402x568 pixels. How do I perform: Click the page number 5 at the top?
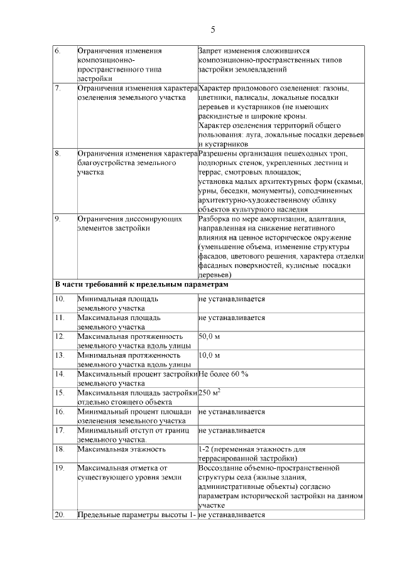pos(212,29)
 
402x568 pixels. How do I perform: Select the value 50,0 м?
pos(208,336)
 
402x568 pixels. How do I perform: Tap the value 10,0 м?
pos(208,355)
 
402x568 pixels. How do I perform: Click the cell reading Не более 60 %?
pos(224,374)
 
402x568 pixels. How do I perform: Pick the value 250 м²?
pos(209,393)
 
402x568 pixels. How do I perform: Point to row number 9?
pos(57,219)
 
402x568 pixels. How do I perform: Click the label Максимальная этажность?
pos(121,449)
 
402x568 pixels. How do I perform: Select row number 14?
pos(60,374)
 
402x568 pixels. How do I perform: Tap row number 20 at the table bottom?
pos(60,515)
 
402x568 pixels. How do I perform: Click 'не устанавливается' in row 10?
pos(232,299)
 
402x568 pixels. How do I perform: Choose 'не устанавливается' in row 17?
pos(232,431)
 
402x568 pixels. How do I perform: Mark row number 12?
pos(60,336)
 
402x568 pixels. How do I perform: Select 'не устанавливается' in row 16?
pos(232,412)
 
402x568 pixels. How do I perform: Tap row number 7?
pos(57,88)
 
